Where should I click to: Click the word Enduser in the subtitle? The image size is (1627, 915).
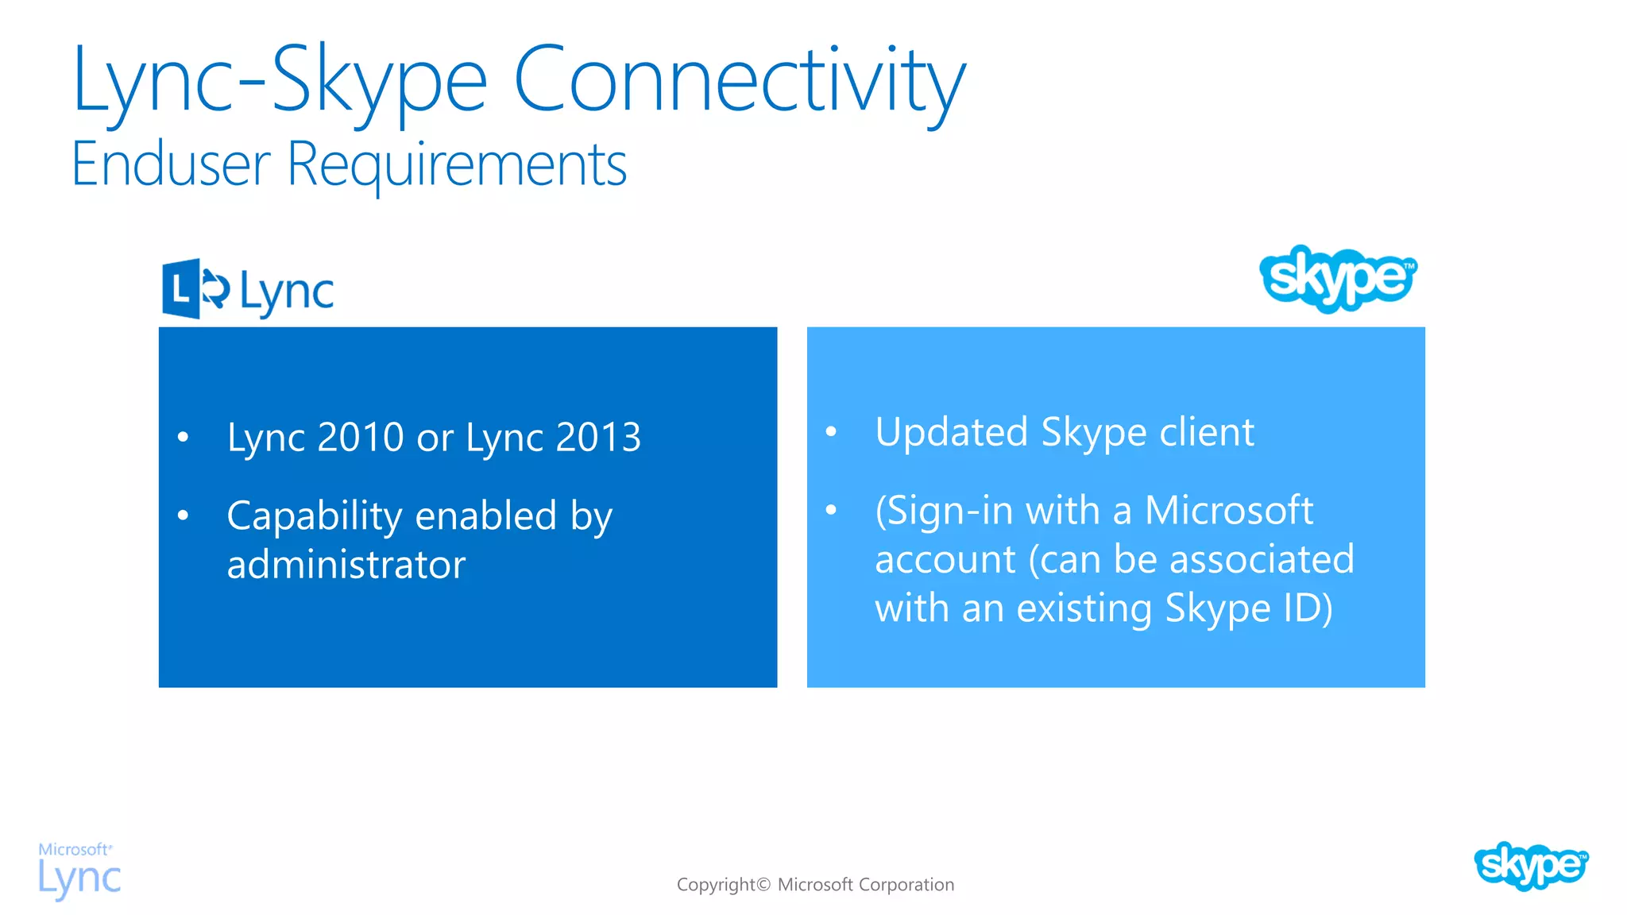[x=171, y=165]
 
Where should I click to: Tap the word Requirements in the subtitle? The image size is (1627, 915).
[x=457, y=165]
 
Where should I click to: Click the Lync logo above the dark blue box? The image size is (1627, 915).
[x=248, y=289]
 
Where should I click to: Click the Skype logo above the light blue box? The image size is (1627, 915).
[x=1339, y=278]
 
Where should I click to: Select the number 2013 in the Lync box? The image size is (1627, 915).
[x=597, y=438]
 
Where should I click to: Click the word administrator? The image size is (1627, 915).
[x=346, y=566]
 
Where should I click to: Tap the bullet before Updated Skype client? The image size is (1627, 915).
[x=831, y=432]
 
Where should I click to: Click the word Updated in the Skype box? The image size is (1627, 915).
[x=951, y=433]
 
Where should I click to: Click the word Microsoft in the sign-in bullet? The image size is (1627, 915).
[x=1228, y=511]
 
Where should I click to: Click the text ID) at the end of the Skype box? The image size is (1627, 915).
[x=1308, y=609]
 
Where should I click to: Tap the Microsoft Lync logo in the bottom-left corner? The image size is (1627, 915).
[x=79, y=871]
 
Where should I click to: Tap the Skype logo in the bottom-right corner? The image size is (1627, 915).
[x=1530, y=866]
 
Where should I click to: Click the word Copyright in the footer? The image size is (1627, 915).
[x=716, y=885]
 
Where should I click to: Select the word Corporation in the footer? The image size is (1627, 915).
[x=906, y=885]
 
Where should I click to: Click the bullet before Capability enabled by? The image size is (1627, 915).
[x=184, y=516]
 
